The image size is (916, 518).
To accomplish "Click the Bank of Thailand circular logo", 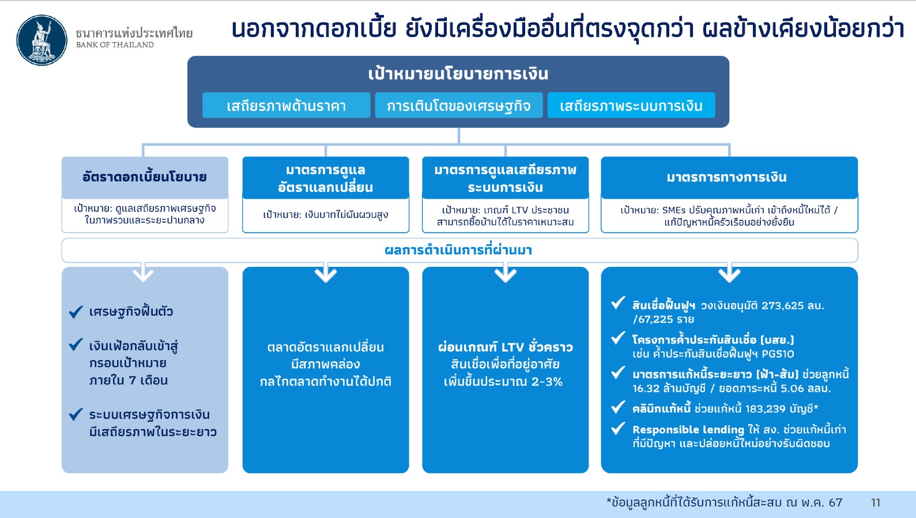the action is (42, 40).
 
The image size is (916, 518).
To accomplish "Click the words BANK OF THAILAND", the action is (115, 45).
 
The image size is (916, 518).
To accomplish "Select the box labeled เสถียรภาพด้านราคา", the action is (287, 105).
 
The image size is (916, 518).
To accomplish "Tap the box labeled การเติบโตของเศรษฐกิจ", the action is (459, 105).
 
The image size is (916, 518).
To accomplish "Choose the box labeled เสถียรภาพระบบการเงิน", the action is (631, 105).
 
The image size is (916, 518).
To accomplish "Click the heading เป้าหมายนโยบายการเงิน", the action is (458, 74).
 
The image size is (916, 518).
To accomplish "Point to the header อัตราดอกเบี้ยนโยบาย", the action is (145, 177).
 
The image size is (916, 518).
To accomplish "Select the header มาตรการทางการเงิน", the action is (727, 177).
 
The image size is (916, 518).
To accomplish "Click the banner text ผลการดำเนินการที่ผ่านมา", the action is (458, 250).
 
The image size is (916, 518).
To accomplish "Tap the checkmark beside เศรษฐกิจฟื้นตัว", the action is (76, 312).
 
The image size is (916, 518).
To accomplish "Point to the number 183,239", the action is (765, 409).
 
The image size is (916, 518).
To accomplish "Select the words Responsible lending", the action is (688, 430).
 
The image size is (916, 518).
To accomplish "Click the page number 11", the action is (876, 502).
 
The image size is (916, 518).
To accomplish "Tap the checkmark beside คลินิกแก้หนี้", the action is (619, 407).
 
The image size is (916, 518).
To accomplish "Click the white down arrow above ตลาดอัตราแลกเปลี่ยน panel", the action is (326, 273).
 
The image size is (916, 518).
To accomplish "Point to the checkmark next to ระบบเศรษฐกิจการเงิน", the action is (76, 414).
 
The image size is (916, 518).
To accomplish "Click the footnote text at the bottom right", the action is (724, 502).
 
